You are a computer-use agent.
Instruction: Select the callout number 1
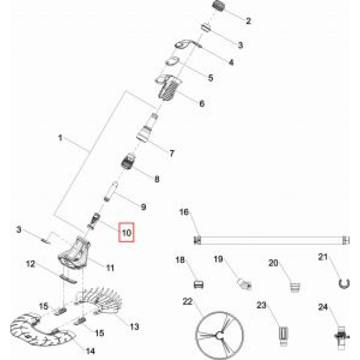[x=60, y=138]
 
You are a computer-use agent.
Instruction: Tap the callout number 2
[x=248, y=22]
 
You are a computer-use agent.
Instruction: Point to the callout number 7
[x=172, y=153]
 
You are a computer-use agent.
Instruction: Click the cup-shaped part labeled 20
[x=295, y=284]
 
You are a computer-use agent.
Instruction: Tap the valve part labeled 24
[x=339, y=337]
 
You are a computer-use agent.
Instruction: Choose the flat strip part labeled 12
[x=68, y=277]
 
